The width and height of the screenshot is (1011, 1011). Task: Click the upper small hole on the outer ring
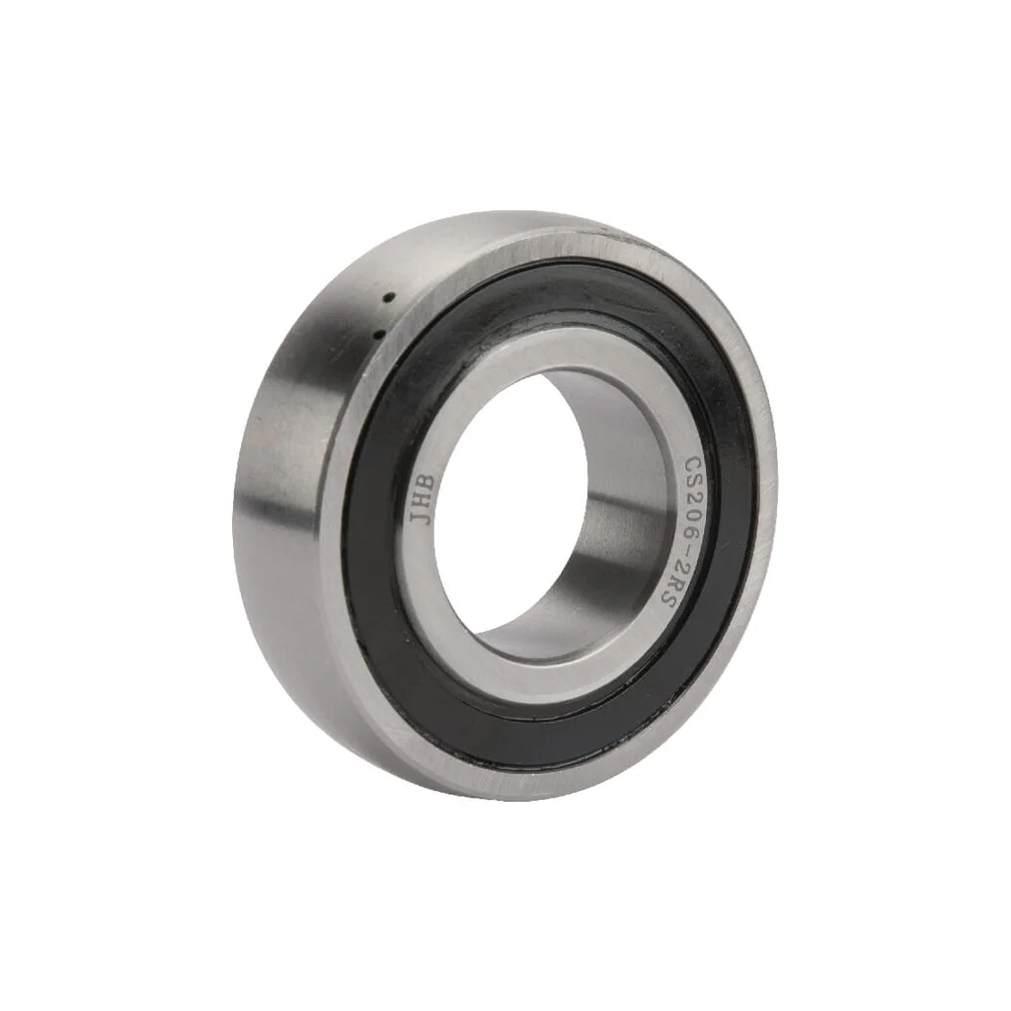[x=389, y=298]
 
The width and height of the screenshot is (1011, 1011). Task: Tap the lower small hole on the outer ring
[x=378, y=333]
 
